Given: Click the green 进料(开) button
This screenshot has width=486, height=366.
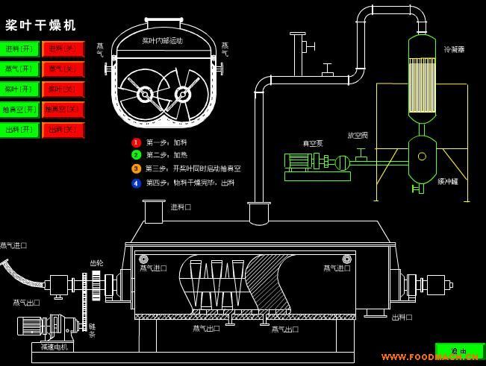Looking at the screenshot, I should (x=21, y=49).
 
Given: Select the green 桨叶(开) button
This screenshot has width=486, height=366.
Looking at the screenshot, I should (x=21, y=89).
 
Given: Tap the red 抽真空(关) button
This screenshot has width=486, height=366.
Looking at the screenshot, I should (x=63, y=110).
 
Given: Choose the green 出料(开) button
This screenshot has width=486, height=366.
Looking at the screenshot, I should (x=21, y=130).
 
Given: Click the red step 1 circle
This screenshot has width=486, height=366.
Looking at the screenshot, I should (x=136, y=142).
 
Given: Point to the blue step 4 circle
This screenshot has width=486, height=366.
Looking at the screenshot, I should (x=136, y=183).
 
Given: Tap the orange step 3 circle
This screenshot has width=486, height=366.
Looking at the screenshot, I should (x=136, y=169).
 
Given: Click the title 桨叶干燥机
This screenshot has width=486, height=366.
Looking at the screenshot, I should (x=41, y=25).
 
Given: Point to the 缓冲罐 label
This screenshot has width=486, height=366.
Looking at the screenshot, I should (x=448, y=181).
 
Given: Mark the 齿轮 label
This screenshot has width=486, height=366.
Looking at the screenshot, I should (x=96, y=262).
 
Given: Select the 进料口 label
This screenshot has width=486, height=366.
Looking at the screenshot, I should (x=181, y=206).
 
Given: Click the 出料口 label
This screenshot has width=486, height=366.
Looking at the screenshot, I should (x=402, y=317).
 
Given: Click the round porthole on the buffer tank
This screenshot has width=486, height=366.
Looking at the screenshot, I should (x=423, y=157).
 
